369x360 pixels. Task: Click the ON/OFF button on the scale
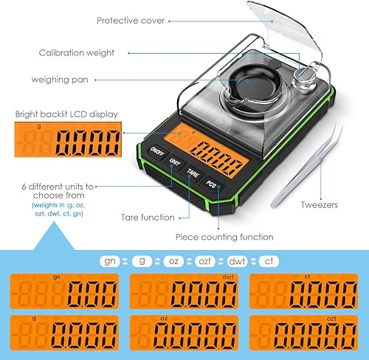[157, 150]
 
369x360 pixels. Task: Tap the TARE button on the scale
[193, 173]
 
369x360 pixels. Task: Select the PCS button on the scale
[211, 184]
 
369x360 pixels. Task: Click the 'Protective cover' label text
[132, 21]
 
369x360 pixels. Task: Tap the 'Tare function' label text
[148, 218]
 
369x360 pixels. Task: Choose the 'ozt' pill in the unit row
[204, 261]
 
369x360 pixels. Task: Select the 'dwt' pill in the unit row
[236, 261]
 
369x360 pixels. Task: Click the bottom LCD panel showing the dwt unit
[185, 291]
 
